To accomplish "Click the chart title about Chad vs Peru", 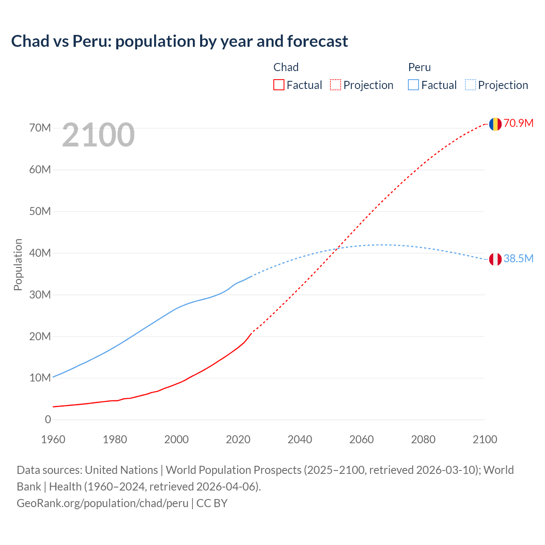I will [179, 41].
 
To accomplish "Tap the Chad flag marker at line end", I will [495, 124].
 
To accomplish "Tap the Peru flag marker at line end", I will [495, 259].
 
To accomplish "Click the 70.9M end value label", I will [518, 123].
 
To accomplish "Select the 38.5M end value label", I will [518, 258].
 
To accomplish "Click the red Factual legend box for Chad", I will [278, 85].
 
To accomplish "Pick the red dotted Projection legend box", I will [336, 85].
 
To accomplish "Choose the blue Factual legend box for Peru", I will [413, 85].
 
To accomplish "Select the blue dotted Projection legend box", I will [470, 85].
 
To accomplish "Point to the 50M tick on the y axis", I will [40, 212].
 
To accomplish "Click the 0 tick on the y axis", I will [48, 420].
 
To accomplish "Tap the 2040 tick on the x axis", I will [300, 439].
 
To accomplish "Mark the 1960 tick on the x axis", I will [53, 439].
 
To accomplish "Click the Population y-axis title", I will [18, 264].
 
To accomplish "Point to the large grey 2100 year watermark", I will [98, 135].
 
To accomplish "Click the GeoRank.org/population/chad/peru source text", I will [102, 503].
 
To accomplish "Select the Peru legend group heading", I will [419, 67].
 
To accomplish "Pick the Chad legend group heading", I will [286, 67].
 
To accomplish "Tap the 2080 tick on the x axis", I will [423, 439].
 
